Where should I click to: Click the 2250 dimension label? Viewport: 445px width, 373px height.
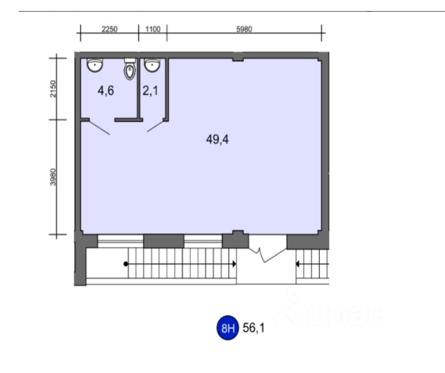click(109, 29)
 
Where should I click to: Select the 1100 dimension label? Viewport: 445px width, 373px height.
click(153, 29)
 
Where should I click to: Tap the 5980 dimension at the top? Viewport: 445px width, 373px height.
click(244, 29)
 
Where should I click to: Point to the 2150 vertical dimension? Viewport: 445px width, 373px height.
click(53, 89)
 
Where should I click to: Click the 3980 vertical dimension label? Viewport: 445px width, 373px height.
click(53, 177)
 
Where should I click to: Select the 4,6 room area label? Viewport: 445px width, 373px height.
click(106, 91)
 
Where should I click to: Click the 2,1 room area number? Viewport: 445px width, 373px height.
click(151, 91)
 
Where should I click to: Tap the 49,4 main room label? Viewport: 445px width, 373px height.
click(217, 140)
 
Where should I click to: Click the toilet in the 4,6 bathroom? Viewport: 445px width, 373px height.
click(130, 69)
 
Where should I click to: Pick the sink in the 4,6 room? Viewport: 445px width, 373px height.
click(95, 65)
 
